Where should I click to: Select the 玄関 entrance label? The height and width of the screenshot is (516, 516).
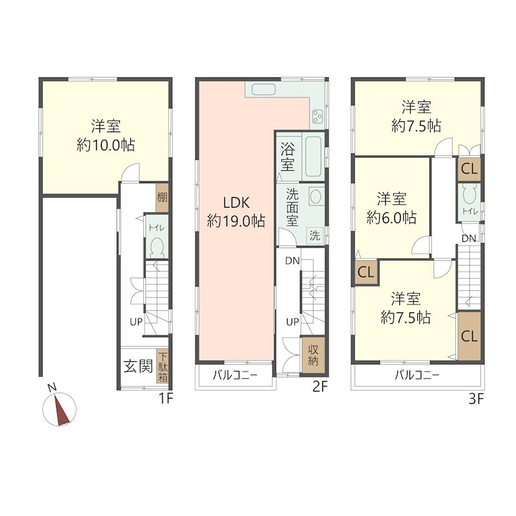(x=138, y=368)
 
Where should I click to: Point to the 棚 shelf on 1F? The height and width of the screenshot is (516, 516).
(x=162, y=198)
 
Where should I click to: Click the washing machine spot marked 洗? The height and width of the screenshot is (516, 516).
(x=314, y=235)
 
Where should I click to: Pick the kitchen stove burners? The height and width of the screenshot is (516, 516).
(x=318, y=116)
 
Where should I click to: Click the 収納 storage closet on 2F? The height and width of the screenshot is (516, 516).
(x=313, y=355)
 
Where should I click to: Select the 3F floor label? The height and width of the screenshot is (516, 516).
(x=476, y=399)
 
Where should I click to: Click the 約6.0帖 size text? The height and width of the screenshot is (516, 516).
(x=392, y=218)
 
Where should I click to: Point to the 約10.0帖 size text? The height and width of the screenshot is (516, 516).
(x=106, y=145)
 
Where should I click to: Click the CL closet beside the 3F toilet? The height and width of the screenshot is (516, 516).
(x=470, y=170)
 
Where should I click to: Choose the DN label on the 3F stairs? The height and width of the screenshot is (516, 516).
(x=469, y=239)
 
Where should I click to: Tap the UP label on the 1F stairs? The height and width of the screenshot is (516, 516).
(x=135, y=321)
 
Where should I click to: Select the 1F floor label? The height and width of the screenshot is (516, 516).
(x=166, y=399)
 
